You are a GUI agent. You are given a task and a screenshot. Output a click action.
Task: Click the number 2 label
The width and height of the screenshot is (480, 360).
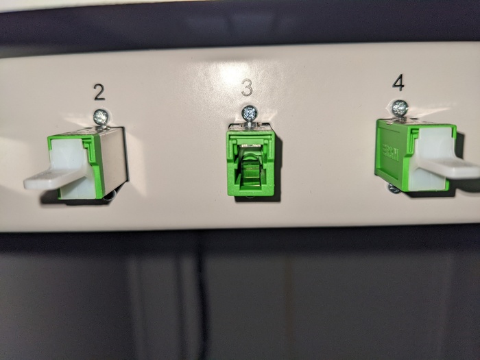[99, 92]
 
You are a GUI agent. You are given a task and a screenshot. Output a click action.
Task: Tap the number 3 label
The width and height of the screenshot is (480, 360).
[247, 87]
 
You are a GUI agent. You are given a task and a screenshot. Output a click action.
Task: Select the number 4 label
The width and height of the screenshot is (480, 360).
[398, 82]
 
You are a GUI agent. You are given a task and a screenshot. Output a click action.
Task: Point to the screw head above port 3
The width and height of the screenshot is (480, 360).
[250, 112]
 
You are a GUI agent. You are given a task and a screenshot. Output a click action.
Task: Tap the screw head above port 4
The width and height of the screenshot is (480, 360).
[400, 107]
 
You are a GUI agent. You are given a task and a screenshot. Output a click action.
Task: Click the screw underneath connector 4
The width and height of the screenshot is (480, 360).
[393, 188]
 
